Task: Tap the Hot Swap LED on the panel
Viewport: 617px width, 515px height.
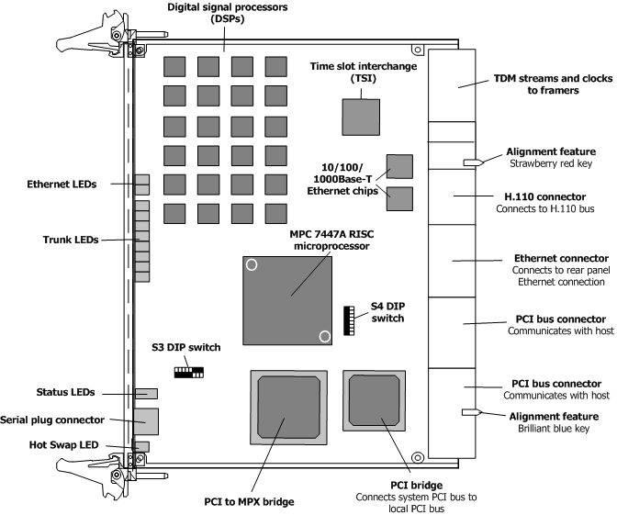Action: click(142, 446)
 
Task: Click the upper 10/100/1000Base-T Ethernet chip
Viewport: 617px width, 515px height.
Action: click(399, 166)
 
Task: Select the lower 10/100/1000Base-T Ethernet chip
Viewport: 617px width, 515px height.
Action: click(399, 197)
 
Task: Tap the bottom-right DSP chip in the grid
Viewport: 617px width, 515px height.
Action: click(275, 214)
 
